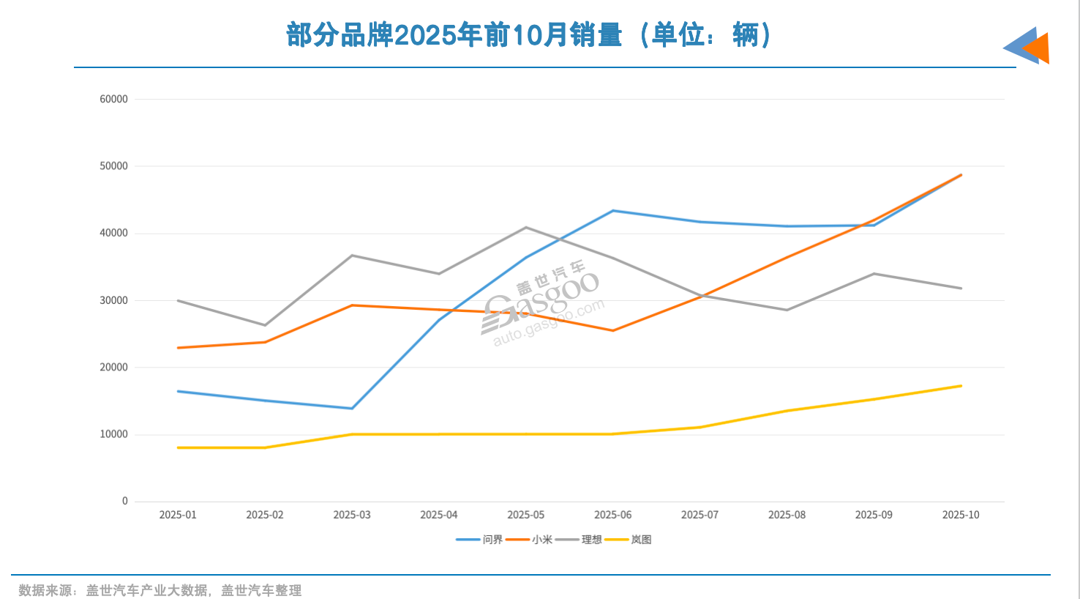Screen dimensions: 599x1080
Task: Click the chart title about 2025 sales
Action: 528,34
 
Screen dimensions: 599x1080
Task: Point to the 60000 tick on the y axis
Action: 113,99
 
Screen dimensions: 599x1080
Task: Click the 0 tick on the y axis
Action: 124,502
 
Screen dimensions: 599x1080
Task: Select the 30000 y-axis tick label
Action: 113,300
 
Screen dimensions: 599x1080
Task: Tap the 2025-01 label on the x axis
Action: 178,515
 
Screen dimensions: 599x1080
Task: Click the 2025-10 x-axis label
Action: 961,515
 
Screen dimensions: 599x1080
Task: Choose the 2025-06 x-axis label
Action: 612,515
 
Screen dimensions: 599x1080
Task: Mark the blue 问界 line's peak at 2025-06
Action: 612,211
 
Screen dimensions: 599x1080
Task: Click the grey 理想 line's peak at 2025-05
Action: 526,228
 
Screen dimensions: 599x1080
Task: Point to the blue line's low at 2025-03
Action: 352,409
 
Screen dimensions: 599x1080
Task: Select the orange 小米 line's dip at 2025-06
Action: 612,331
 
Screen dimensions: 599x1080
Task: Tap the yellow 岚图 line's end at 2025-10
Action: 961,386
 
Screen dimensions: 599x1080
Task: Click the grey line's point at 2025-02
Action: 265,325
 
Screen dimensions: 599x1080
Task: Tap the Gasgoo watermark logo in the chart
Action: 541,304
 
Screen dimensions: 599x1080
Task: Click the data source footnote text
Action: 160,590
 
